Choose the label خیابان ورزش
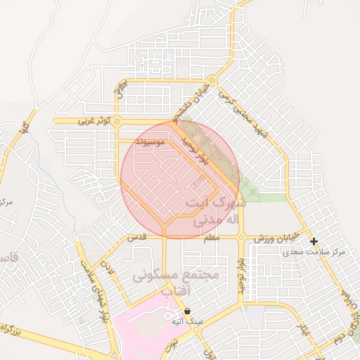point(278,238)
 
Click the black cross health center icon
point(314,241)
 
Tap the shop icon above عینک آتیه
point(187,311)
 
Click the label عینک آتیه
point(187,321)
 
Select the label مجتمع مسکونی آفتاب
point(176,281)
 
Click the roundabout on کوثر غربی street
point(117,122)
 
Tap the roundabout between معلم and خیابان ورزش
point(241,238)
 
